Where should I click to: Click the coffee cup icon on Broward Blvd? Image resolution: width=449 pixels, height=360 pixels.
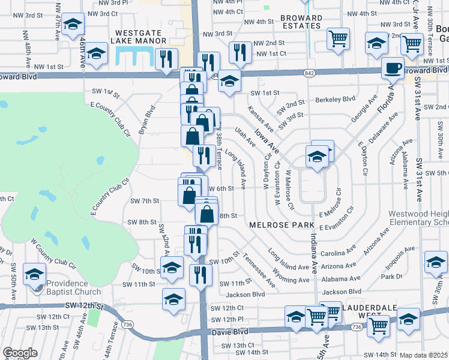(x=394, y=68)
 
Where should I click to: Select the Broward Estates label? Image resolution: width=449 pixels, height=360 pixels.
(x=301, y=22)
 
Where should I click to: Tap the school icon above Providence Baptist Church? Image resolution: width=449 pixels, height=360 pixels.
(x=35, y=274)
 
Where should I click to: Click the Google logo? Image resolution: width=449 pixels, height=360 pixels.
(x=20, y=353)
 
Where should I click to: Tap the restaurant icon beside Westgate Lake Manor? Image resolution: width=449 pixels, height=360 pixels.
(x=164, y=59)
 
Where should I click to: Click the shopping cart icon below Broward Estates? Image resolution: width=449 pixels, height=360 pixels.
(x=338, y=38)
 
